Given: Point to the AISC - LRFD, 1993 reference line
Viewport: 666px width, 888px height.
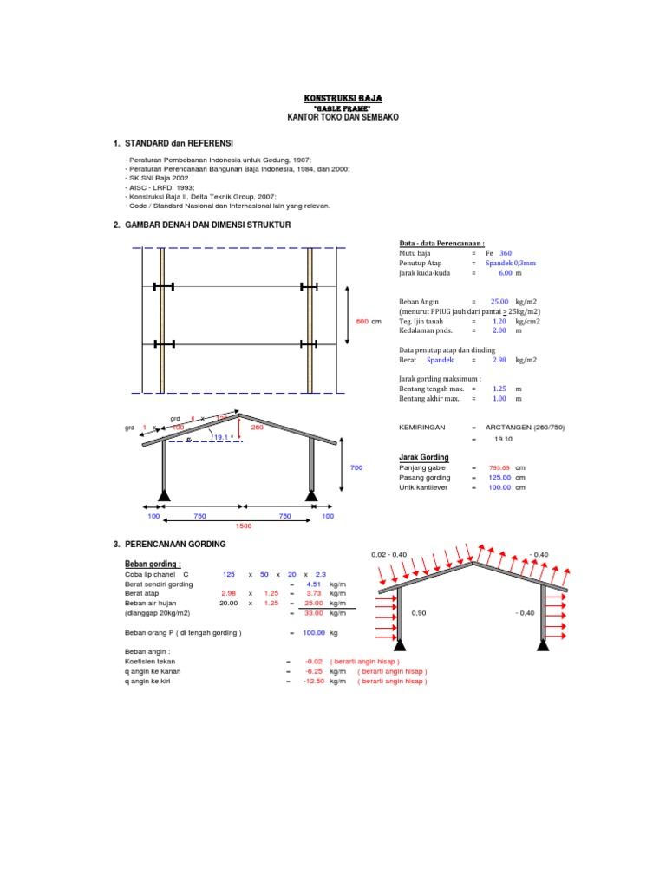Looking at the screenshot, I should [x=160, y=187].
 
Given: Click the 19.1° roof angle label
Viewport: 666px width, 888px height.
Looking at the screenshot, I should [x=223, y=437].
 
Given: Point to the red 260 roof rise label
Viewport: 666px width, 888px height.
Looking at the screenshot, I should [x=257, y=427].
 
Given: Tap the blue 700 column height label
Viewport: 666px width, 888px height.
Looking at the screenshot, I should [x=356, y=468].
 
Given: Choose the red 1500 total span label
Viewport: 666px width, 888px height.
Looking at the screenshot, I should [x=244, y=526].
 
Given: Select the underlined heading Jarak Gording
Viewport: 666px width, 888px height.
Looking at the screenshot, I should [x=423, y=457].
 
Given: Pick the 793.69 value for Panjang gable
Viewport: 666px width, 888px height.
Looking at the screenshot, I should [x=500, y=467].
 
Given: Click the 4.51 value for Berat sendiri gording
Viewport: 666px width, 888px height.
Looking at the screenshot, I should [x=315, y=584].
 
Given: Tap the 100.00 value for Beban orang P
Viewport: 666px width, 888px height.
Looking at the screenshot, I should [x=313, y=633].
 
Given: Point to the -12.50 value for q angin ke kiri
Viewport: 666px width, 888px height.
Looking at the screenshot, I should [x=313, y=682].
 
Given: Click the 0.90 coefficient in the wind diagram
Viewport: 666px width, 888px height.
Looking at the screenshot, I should [x=419, y=613].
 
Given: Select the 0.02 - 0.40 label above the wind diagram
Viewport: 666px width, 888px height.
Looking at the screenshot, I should [x=388, y=554].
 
